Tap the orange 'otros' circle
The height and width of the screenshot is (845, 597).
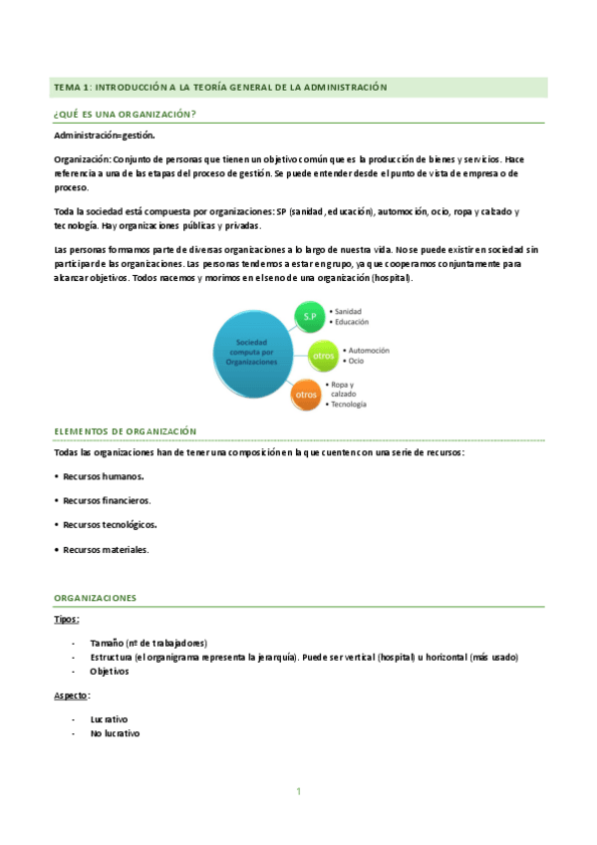coord(305,395)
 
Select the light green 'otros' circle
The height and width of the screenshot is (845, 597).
coord(321,356)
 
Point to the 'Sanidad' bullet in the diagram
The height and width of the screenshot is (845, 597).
coord(353,310)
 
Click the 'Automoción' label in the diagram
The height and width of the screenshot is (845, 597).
coord(368,350)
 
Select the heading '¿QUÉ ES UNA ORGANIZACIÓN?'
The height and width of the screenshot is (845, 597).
coord(125,115)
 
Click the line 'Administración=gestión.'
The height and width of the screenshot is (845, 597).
coord(105,135)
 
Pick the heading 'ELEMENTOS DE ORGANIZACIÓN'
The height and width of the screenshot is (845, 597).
coord(126,430)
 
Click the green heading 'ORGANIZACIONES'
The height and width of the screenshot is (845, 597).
coord(95,598)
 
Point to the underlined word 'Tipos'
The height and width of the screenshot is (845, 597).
coord(66,619)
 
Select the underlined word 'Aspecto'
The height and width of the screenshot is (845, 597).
coord(71,695)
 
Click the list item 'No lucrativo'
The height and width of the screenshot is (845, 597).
coord(115,733)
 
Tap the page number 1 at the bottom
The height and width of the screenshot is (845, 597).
coord(298,791)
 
